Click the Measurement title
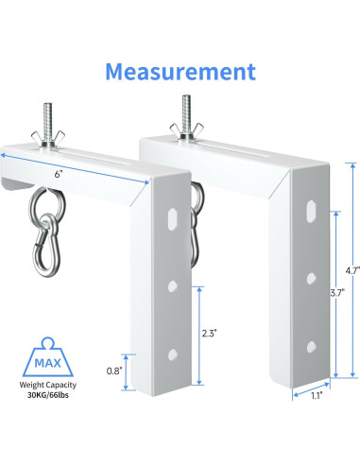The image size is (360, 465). (x=180, y=72)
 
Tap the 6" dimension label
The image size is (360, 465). (x=59, y=174)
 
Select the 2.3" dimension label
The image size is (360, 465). (x=210, y=333)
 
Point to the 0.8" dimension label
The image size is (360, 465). (x=113, y=371)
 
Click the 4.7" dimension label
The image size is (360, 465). (x=352, y=270)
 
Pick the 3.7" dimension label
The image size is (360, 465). (x=336, y=293)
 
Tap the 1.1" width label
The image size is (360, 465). (x=317, y=396)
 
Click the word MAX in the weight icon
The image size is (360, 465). (x=47, y=363)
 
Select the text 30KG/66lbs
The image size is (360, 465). (x=48, y=395)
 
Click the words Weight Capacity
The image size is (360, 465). (x=48, y=385)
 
